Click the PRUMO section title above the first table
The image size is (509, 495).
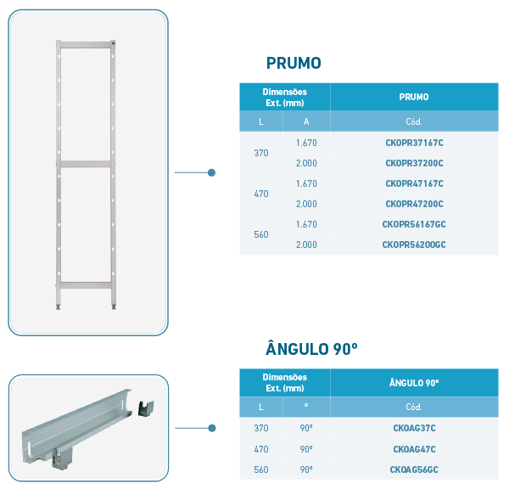tap(294, 63)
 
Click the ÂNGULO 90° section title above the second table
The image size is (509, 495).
tap(311, 349)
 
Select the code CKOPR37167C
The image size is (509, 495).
tap(414, 143)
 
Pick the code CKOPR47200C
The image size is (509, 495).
tap(414, 204)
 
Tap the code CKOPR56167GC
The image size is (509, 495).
tap(414, 224)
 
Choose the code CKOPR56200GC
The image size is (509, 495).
tap(414, 245)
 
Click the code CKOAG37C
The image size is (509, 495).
tap(414, 428)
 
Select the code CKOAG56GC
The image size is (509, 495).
tap(414, 470)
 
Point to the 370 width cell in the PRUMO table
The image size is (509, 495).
tap(261, 153)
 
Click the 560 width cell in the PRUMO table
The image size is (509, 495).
tap(261, 234)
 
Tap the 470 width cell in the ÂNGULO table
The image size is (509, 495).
tap(261, 449)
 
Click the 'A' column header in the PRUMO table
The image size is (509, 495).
tap(306, 121)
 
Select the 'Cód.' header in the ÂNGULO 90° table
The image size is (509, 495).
tap(414, 407)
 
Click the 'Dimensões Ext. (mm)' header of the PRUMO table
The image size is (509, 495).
tap(285, 98)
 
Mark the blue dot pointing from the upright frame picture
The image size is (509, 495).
tap(211, 172)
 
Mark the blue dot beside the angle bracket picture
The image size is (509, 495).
tap(211, 428)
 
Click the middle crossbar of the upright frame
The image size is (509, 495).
tap(86, 164)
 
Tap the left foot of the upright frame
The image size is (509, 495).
tap(58, 307)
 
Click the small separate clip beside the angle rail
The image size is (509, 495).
tap(146, 408)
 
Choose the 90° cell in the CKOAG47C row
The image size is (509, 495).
tap(306, 449)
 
